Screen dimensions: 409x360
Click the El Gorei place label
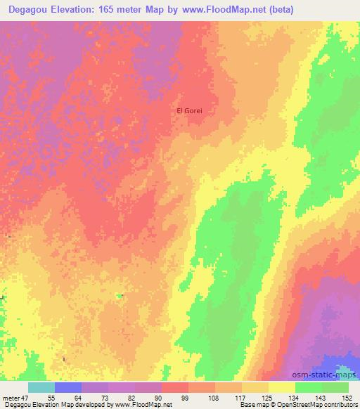188,111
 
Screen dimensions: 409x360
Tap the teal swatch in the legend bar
41,387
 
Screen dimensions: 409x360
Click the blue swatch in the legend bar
68,387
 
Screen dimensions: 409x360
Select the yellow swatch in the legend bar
282,387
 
